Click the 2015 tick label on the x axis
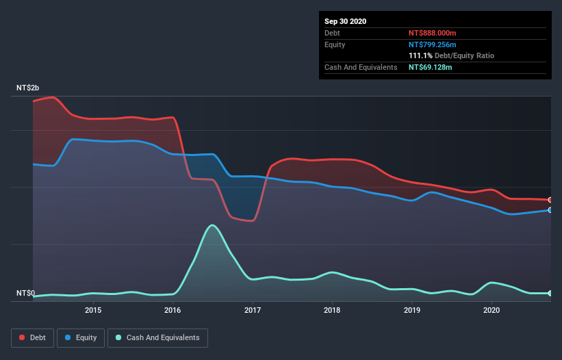click(93, 310)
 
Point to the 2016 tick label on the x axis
click(173, 310)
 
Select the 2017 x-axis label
click(253, 310)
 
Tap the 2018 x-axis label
click(332, 310)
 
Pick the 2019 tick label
click(412, 310)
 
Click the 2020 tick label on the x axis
click(491, 310)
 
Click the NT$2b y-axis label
click(28, 88)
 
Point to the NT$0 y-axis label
click(25, 293)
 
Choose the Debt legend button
click(32, 337)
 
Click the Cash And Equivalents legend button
click(157, 337)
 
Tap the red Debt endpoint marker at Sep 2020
click(550, 200)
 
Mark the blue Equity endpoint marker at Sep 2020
click(550, 210)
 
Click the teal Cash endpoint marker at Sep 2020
click(550, 293)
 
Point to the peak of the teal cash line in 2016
click(213, 224)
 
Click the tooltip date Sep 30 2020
click(345, 21)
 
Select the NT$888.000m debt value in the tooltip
click(432, 33)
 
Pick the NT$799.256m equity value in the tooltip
click(432, 44)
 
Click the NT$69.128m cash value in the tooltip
click(430, 67)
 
